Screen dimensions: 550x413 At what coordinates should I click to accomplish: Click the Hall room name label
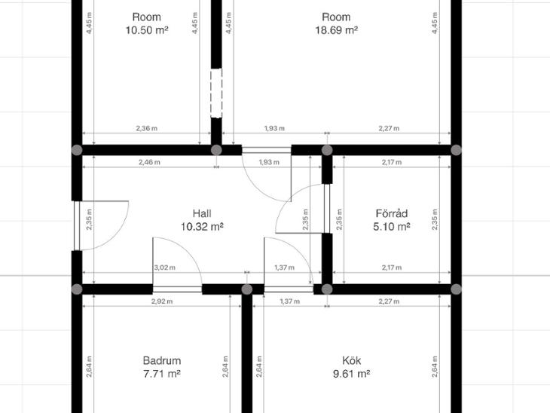click(202, 213)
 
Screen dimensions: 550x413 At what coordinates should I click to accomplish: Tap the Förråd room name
click(392, 213)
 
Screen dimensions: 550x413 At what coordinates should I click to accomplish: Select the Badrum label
click(162, 360)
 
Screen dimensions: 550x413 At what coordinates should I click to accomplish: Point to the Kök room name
click(351, 360)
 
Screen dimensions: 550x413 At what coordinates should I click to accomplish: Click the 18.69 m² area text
click(336, 30)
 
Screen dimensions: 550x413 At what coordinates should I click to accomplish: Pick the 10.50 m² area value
click(147, 30)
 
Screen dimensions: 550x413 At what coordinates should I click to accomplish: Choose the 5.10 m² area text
click(392, 227)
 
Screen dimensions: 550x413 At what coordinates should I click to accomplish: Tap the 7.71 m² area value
click(162, 374)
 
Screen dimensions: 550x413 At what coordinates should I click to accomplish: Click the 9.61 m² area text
click(351, 374)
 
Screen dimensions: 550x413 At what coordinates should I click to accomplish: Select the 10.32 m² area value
click(202, 227)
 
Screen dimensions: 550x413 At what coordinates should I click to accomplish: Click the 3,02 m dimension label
click(164, 268)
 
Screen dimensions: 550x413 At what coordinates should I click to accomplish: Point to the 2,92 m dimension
click(162, 301)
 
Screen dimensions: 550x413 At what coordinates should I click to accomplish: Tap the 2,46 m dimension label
click(149, 162)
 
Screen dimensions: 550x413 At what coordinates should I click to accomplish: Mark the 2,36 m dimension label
click(147, 128)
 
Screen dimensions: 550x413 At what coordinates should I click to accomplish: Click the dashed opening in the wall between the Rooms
click(216, 93)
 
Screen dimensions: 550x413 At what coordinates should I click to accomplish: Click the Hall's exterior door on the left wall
click(77, 225)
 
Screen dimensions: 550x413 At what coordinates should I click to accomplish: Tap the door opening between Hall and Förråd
click(327, 209)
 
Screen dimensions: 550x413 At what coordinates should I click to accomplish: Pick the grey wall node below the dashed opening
click(216, 150)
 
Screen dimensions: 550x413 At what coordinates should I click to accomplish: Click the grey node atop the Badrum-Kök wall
click(247, 289)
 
